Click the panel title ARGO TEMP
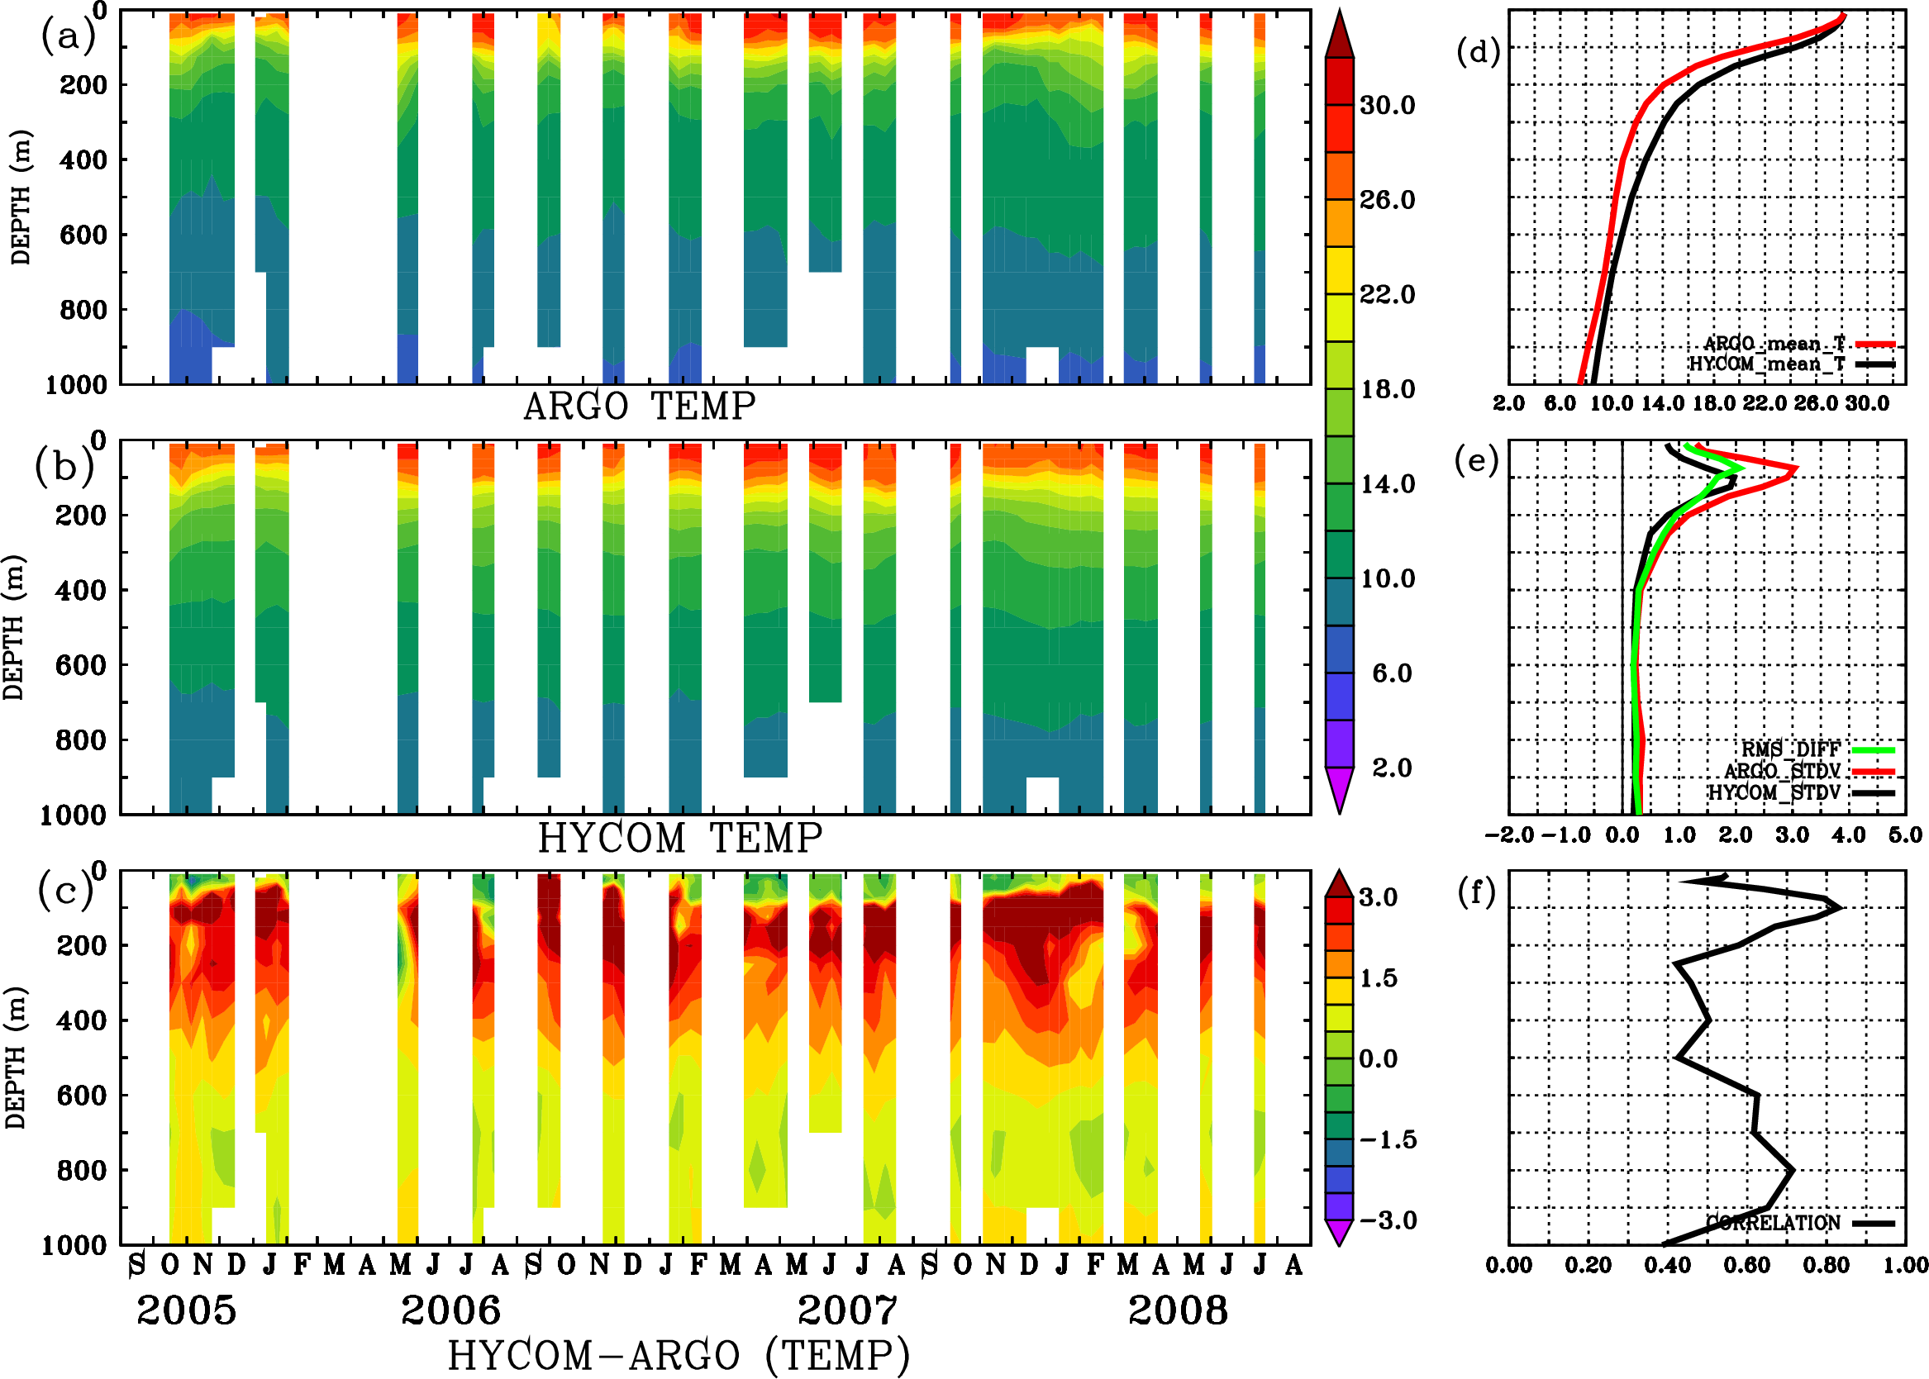point(639,406)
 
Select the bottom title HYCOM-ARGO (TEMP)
point(678,1354)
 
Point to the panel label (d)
point(1478,52)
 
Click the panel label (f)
point(1476,892)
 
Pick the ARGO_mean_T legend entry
point(1799,344)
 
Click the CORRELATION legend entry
point(1799,1223)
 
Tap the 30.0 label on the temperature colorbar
point(1387,105)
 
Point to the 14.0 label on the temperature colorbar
point(1387,484)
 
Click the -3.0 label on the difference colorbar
point(1387,1220)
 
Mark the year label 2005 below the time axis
point(186,1310)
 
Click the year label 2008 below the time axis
point(1177,1310)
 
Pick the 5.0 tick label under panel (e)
point(1905,835)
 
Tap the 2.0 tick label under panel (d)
point(1508,403)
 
